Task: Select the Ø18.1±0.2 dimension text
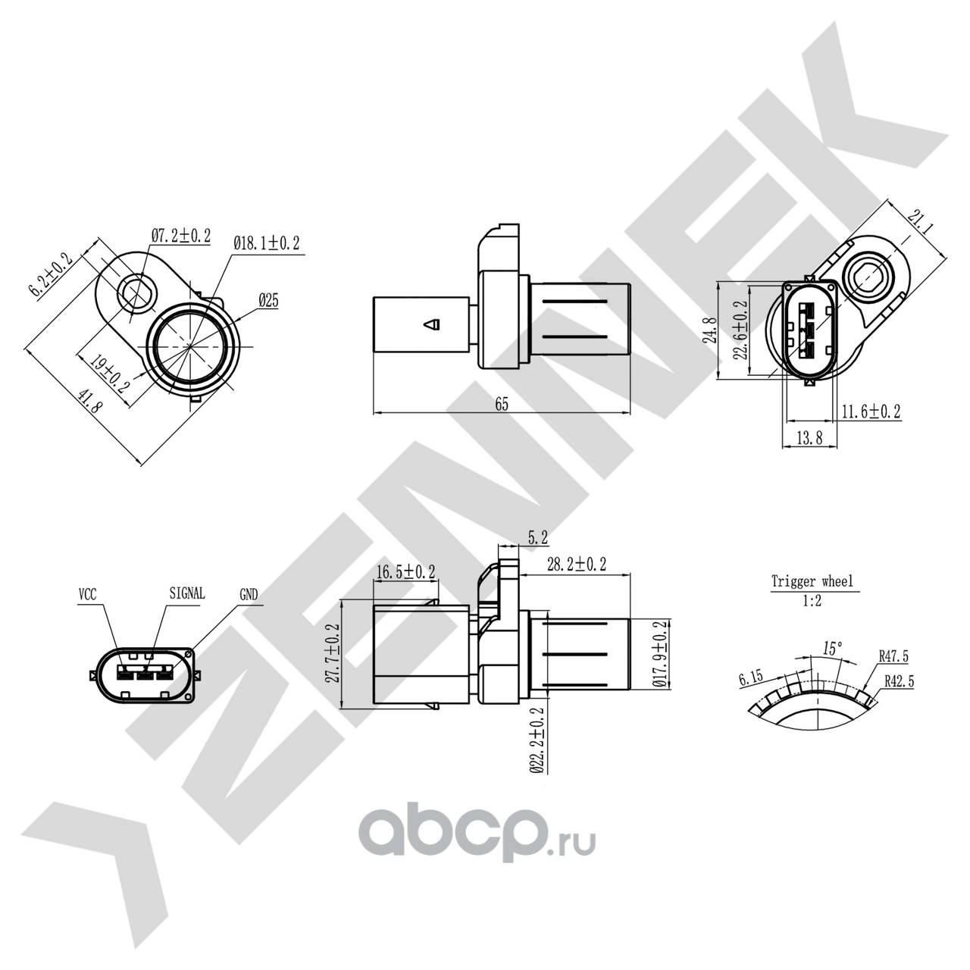267,244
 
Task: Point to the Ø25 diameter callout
268,301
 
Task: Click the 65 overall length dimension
502,404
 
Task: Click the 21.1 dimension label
921,224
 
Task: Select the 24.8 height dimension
710,330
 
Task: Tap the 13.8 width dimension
810,439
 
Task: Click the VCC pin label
88,595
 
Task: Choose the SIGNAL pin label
187,593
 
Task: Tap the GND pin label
249,596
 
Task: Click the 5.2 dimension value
538,539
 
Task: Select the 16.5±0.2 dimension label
405,571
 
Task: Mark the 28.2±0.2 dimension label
577,565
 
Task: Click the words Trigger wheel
812,582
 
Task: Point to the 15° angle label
832,649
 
